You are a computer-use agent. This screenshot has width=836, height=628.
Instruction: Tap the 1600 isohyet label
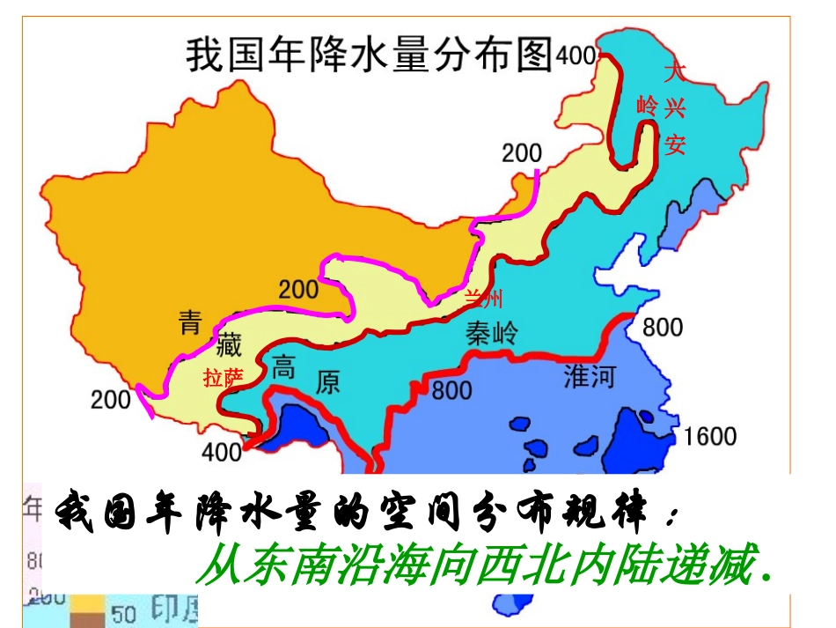coord(709,435)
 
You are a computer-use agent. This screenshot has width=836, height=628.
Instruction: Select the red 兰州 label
coord(484,299)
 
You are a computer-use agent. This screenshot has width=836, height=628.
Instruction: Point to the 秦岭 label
coord(493,334)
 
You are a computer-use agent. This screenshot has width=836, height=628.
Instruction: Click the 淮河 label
coord(589,377)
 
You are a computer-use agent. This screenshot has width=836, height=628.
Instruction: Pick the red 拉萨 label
coord(223,378)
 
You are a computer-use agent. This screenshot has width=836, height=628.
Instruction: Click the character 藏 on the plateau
coord(228,344)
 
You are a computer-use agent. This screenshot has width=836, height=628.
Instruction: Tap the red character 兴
coord(674,107)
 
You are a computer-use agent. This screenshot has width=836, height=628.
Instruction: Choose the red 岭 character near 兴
coord(647,107)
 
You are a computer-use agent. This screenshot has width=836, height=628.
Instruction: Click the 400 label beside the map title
coord(576,55)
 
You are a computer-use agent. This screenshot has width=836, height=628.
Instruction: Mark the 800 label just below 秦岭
coord(451,388)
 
